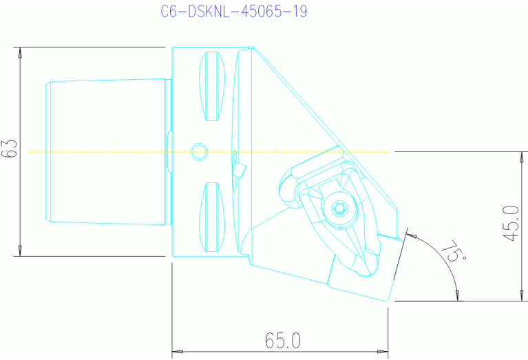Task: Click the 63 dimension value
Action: (x=9, y=149)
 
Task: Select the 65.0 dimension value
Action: (x=283, y=340)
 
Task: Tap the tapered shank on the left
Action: (x=107, y=151)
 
